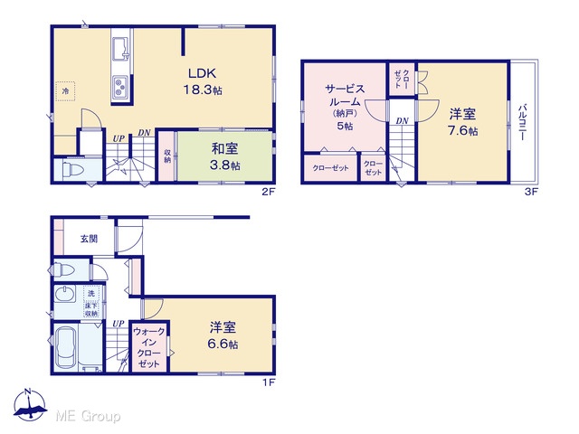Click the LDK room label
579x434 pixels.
pyautogui.click(x=203, y=81)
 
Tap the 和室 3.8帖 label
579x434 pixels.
pyautogui.click(x=225, y=156)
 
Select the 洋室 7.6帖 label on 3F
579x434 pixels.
pyautogui.click(x=462, y=122)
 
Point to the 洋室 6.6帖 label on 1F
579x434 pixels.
pyautogui.click(x=223, y=335)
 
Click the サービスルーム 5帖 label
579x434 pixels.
pyautogui.click(x=345, y=107)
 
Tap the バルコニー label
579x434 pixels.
pyautogui.click(x=523, y=122)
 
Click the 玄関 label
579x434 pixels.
pyautogui.click(x=89, y=239)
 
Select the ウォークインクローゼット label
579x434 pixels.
pyautogui.click(x=148, y=347)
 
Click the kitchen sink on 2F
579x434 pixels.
pyautogui.click(x=120, y=49)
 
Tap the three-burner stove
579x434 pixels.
pyautogui.click(x=120, y=87)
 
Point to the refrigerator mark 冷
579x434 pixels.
pyautogui.click(x=65, y=90)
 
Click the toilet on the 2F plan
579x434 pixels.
pyautogui.click(x=73, y=169)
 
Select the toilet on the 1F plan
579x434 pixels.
pyautogui.click(x=64, y=269)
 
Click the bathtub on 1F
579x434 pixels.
pyautogui.click(x=66, y=348)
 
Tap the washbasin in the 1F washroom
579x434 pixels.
pyautogui.click(x=64, y=295)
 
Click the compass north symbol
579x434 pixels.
pyautogui.click(x=29, y=405)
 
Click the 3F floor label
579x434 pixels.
pyautogui.click(x=532, y=192)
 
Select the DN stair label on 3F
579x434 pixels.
pyautogui.click(x=403, y=120)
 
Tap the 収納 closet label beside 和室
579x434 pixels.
pyautogui.click(x=167, y=156)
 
